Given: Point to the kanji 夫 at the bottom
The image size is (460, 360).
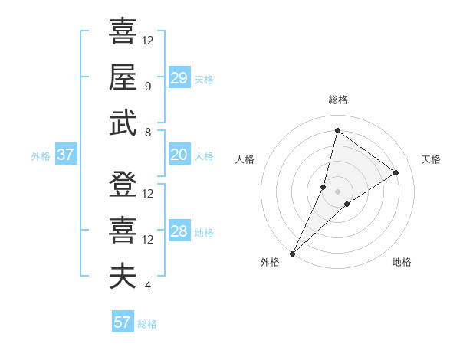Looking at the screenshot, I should (x=123, y=277).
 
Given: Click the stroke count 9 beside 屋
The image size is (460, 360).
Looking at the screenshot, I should (x=147, y=87).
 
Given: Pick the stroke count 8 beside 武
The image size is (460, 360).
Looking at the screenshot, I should (x=147, y=133).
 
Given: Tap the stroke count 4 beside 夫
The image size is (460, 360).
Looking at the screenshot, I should (x=147, y=286).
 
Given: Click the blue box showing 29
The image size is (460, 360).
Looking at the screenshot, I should (x=179, y=77).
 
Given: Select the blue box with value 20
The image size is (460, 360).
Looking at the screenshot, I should (x=179, y=155).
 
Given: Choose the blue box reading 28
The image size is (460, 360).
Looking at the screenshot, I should (x=179, y=232).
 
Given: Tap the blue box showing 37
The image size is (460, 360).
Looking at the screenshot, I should (x=65, y=155).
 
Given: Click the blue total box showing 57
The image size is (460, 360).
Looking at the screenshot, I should (x=122, y=322).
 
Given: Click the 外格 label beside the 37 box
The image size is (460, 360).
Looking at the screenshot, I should (x=41, y=156).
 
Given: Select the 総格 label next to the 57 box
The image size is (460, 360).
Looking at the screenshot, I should (x=147, y=324).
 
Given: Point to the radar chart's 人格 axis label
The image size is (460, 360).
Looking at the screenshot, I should (x=245, y=159).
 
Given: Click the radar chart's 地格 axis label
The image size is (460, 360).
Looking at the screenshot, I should (x=402, y=262).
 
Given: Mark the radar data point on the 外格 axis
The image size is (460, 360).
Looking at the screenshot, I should (x=292, y=253).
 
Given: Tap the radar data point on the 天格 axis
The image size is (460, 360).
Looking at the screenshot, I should (x=396, y=172).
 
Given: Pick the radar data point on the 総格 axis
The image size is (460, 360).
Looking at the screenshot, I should (x=337, y=131).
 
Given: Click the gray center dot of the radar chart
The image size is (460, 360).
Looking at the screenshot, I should (x=337, y=191).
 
